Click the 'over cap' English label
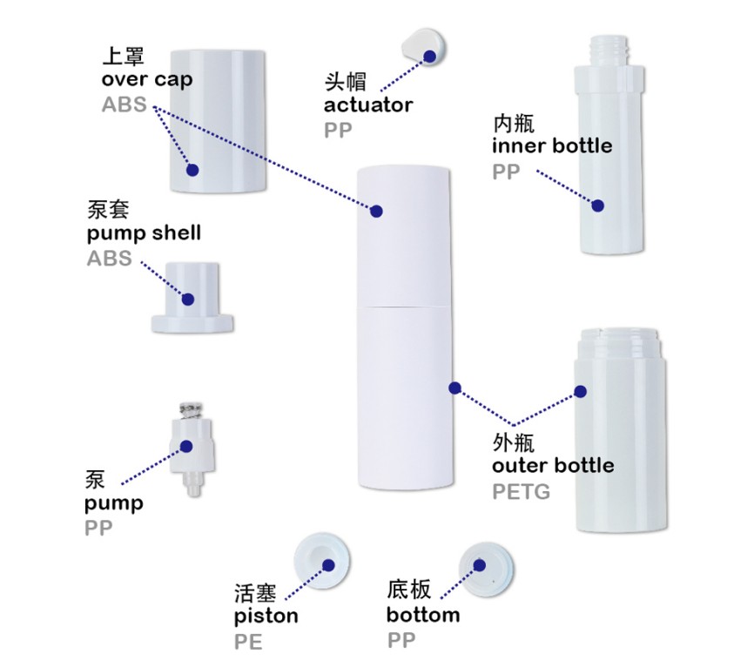147,79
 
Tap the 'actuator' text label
368,105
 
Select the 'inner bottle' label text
552,145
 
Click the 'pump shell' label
144,233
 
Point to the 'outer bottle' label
553,465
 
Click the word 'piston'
266,617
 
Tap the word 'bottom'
423,615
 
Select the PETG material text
522,492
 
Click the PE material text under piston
248,642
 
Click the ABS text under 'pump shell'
109,259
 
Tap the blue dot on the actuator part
429,57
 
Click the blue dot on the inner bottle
598,206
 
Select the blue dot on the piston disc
328,565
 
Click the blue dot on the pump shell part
187,300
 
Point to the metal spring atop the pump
191,410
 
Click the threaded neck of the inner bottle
609,52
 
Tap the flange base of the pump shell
192,323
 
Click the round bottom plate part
486,570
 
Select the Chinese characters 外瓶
513,442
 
